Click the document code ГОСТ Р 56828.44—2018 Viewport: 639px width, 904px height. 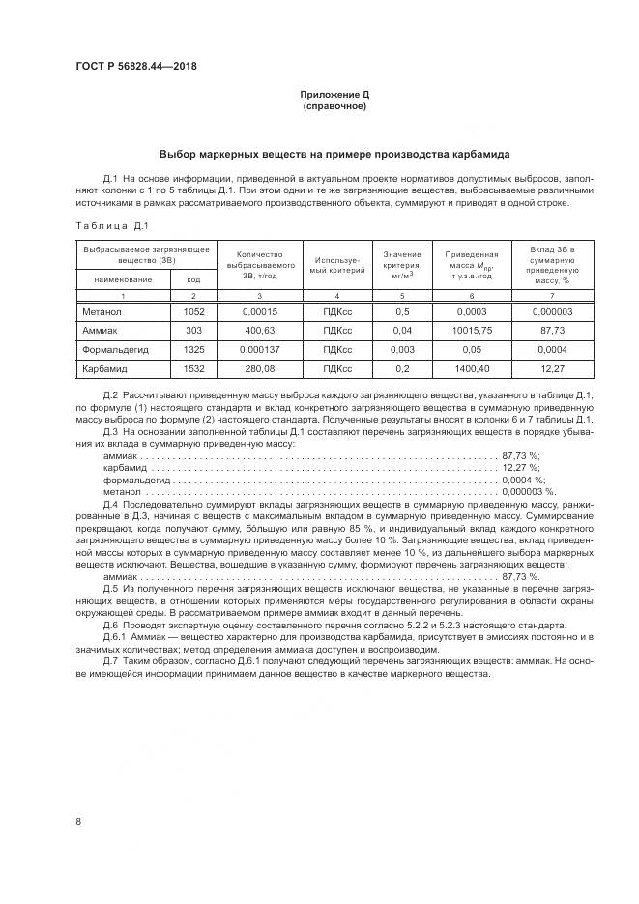(134, 66)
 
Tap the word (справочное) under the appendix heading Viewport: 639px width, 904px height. (334, 105)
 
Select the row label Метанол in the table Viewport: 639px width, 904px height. (103, 311)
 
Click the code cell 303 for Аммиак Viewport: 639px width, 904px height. (192, 330)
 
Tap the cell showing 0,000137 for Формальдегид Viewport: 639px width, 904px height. (258, 349)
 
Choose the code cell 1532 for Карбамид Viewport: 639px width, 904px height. (193, 368)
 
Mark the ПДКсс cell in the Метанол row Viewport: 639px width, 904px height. (336, 311)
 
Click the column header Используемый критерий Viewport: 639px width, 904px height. (336, 266)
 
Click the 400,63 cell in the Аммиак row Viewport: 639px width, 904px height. (258, 330)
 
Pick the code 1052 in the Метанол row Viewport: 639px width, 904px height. (193, 311)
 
